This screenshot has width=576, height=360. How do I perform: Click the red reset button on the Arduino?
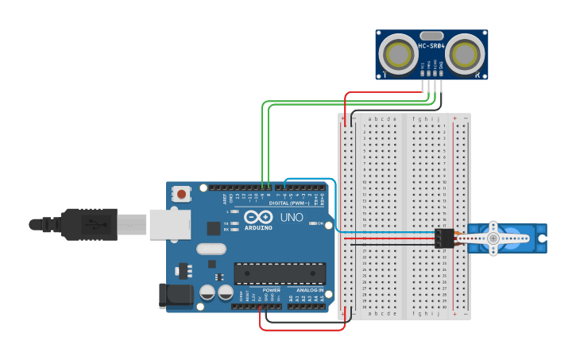(182, 193)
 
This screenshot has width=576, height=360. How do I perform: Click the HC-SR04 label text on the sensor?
(431, 45)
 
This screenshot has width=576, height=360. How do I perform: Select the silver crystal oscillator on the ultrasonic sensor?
(431, 36)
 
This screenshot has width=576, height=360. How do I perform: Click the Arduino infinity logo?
(258, 217)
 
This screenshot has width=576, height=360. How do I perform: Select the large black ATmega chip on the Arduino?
(279, 273)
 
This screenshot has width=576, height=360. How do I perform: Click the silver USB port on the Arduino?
(169, 224)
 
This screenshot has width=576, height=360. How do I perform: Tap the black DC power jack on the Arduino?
(176, 295)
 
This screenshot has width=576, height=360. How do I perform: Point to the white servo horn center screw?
(493, 238)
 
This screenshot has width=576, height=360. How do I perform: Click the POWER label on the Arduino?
(271, 290)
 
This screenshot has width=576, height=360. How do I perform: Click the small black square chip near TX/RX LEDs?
(214, 228)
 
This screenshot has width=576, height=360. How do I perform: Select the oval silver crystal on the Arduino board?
(212, 249)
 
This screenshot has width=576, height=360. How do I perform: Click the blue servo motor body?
(508, 238)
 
